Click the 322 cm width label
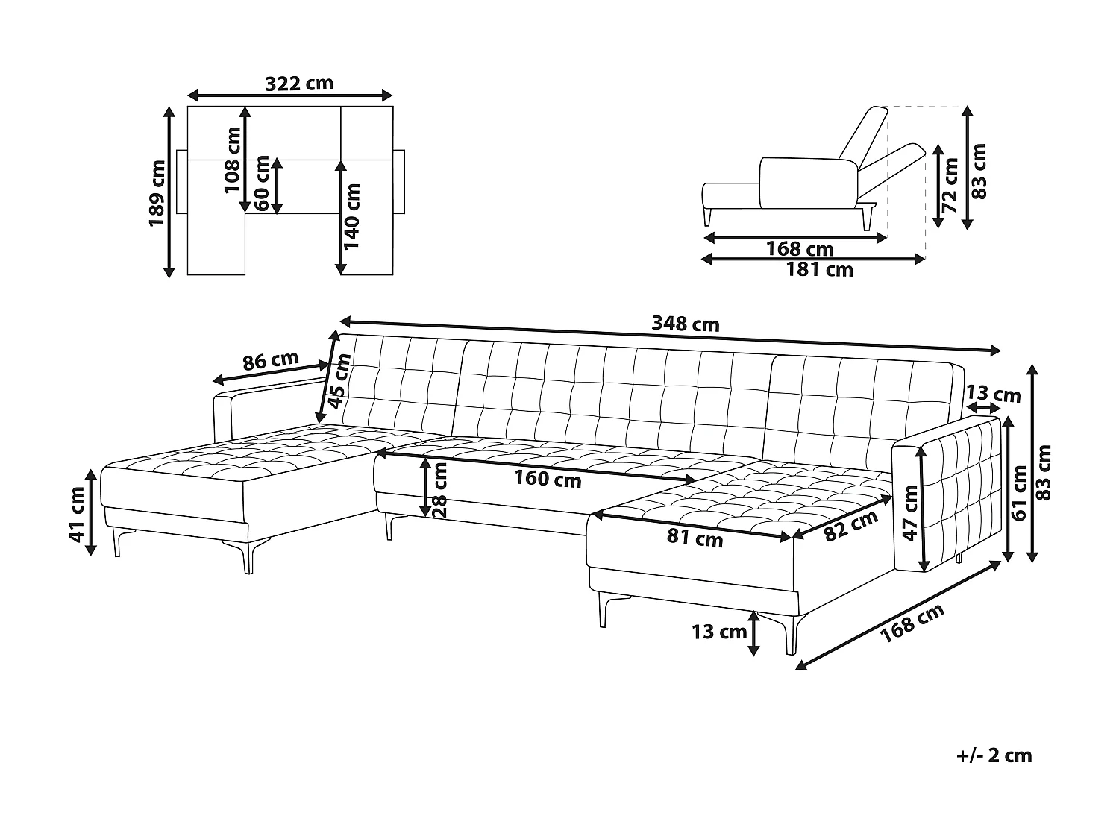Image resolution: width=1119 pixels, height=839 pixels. click(x=299, y=83)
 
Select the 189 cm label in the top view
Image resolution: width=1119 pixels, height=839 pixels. click(x=158, y=194)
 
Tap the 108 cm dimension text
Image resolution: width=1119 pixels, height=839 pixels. click(x=233, y=160)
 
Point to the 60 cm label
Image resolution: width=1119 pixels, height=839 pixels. click(x=262, y=183)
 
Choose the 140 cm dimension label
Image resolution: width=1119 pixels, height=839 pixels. click(x=352, y=216)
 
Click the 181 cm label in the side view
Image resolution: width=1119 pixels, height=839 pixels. click(x=819, y=270)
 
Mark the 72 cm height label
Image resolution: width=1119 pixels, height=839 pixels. click(x=950, y=186)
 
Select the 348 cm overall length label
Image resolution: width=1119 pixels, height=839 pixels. click(x=685, y=324)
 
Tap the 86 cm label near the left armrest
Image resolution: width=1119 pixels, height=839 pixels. click(x=271, y=362)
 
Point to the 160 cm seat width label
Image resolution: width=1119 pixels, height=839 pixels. click(x=548, y=479)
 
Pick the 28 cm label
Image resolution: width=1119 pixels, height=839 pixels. click(x=440, y=489)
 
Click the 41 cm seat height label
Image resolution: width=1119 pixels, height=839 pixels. click(x=78, y=514)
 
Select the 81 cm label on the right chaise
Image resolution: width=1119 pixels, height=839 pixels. click(x=695, y=538)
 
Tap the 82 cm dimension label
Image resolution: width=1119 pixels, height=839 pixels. click(x=852, y=527)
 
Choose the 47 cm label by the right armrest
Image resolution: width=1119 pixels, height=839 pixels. click(x=909, y=512)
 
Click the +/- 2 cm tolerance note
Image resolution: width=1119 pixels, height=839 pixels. click(x=994, y=755)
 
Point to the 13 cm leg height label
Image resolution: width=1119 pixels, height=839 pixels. click(x=718, y=632)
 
